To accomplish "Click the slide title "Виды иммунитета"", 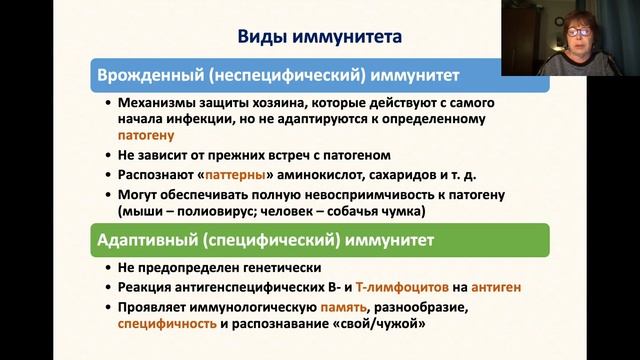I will pos(319,38).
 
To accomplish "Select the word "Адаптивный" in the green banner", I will pos(147,240).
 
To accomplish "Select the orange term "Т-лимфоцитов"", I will pos(382,287).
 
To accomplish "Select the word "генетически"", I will pos(275,268).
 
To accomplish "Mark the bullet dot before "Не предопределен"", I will pos(107,269).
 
